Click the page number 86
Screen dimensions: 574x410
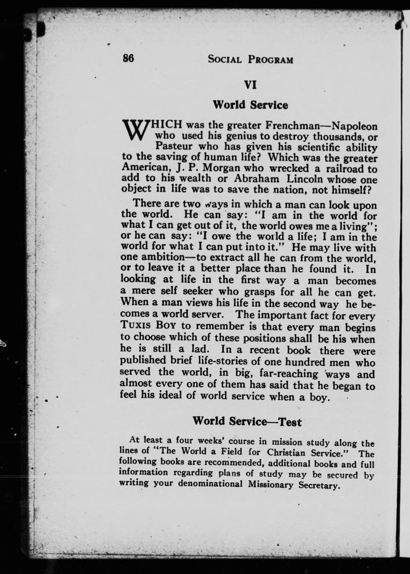pos(128,59)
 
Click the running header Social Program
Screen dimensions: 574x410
pos(250,60)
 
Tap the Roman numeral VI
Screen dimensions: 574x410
pos(250,85)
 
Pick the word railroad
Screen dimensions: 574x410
pos(345,168)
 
